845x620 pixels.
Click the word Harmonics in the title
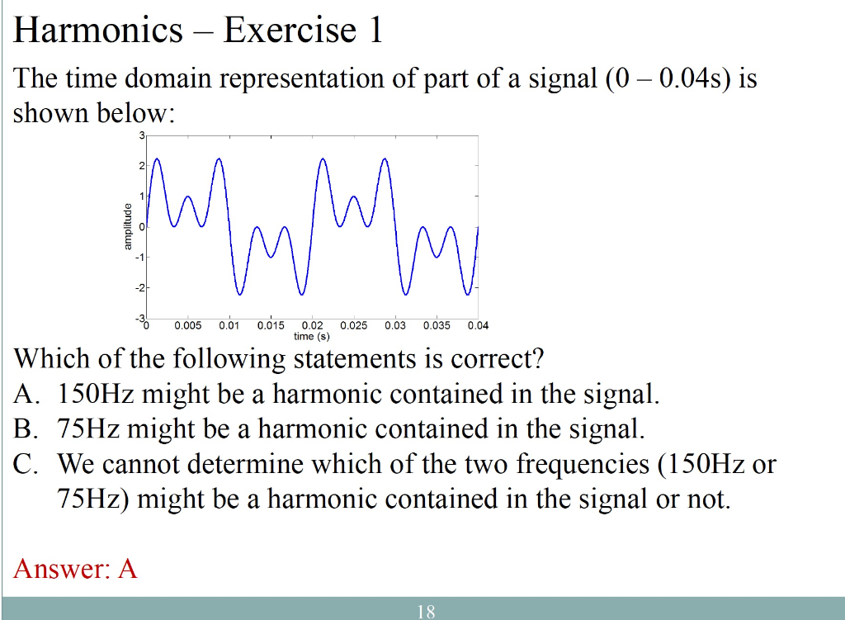pyautogui.click(x=98, y=31)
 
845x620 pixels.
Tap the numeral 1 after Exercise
pyautogui.click(x=375, y=31)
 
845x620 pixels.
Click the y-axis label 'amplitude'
pyautogui.click(x=127, y=226)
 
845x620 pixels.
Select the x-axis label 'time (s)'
pyautogui.click(x=312, y=336)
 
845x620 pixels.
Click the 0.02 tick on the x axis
pyautogui.click(x=313, y=325)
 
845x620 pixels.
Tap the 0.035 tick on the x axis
pyautogui.click(x=437, y=325)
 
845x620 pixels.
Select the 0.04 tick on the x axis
pyautogui.click(x=478, y=325)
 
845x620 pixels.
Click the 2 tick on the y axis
pyautogui.click(x=140, y=166)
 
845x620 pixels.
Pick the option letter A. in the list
pyautogui.click(x=26, y=395)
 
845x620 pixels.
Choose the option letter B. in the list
pyautogui.click(x=26, y=429)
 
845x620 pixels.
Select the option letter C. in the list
pyautogui.click(x=26, y=464)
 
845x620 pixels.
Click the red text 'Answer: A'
pyautogui.click(x=75, y=568)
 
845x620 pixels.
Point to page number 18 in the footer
pyautogui.click(x=426, y=612)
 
